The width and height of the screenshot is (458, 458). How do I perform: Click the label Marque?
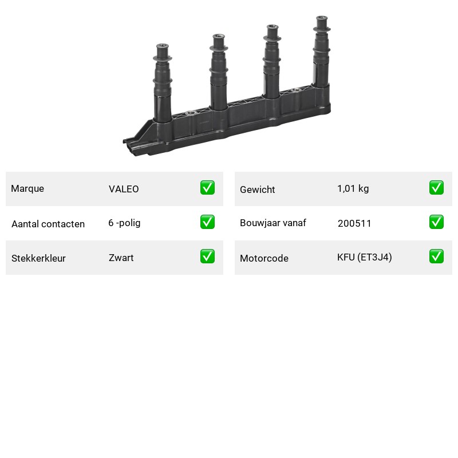click(27, 189)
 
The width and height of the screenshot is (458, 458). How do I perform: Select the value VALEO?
click(124, 189)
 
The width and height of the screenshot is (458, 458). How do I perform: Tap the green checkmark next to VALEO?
click(207, 188)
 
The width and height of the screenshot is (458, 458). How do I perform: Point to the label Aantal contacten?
click(48, 224)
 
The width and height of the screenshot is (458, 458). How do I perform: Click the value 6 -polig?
click(124, 223)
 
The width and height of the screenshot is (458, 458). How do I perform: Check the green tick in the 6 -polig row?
click(207, 222)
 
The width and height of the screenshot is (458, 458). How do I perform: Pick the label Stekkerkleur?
click(38, 258)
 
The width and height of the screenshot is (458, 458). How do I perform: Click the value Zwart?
click(121, 258)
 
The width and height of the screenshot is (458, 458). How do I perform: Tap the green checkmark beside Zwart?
click(207, 256)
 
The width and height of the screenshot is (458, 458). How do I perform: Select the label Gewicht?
click(257, 189)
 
